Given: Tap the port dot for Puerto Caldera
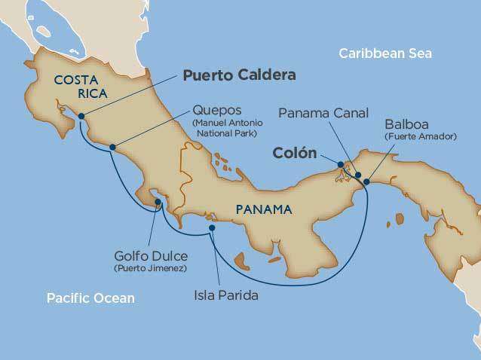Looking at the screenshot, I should [x=81, y=116].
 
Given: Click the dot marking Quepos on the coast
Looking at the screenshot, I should [x=112, y=147].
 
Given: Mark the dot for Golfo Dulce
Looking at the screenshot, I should [x=156, y=202].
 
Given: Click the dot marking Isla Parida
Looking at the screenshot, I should [x=212, y=227].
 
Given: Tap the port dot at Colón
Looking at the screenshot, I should [x=341, y=164].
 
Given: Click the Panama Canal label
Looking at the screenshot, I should [x=323, y=114].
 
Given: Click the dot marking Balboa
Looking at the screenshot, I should [x=366, y=182].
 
